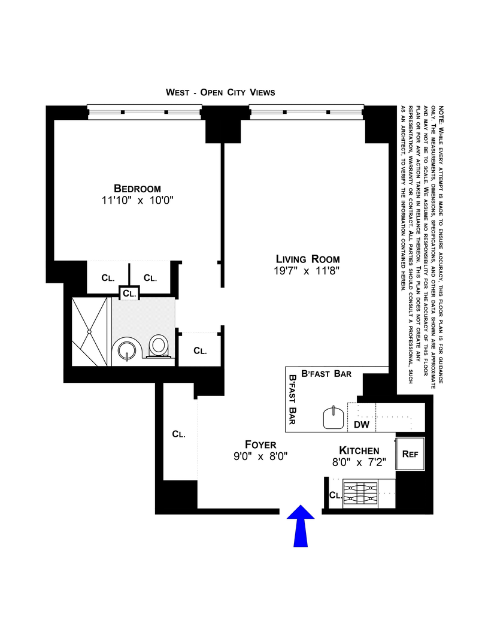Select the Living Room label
click(308, 259)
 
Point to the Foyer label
click(260, 444)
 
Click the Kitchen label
click(359, 450)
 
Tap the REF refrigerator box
click(410, 454)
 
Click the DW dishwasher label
click(361, 424)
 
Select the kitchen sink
click(334, 418)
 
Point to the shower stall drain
click(89, 331)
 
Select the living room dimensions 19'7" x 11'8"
click(308, 271)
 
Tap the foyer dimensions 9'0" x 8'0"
click(260, 456)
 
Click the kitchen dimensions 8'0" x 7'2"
click(359, 462)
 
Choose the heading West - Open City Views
click(220, 92)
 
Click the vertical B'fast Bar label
click(293, 400)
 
